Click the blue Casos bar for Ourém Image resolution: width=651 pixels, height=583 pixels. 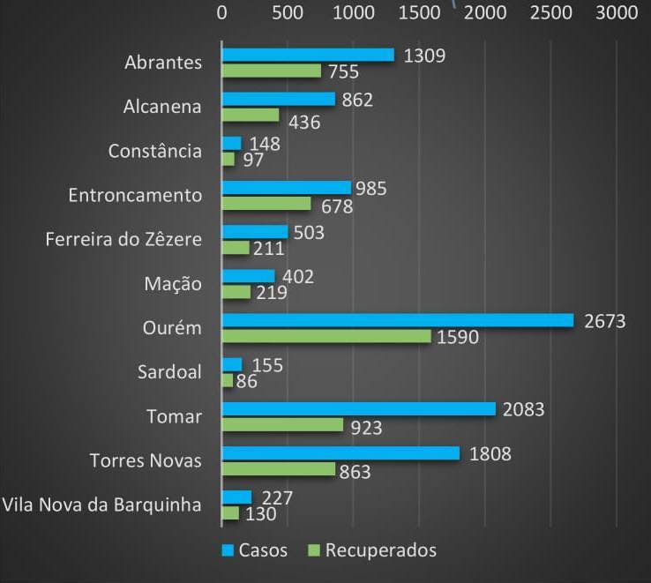(x=398, y=320)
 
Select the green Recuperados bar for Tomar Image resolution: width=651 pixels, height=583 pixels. (x=282, y=425)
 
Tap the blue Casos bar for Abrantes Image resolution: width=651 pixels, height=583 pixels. (x=308, y=55)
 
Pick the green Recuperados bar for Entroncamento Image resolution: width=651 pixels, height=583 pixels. (x=266, y=204)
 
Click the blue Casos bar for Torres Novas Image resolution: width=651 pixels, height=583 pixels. (x=340, y=453)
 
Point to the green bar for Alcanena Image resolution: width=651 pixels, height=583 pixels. (x=250, y=115)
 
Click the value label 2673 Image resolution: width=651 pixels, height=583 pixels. (x=604, y=321)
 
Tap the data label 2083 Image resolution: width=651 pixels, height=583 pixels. (x=523, y=409)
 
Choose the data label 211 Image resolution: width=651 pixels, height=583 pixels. (x=268, y=249)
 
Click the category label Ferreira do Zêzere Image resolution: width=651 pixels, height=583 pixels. (x=123, y=239)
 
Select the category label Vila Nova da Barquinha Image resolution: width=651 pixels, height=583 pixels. (x=102, y=505)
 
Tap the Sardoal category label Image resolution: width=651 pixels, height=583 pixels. (x=169, y=372)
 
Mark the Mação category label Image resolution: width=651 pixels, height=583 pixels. (x=173, y=284)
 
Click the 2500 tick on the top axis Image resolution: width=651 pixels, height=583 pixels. (x=550, y=12)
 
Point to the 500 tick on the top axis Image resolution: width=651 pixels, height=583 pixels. (x=288, y=12)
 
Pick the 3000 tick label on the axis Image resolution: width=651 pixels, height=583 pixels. (x=616, y=12)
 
